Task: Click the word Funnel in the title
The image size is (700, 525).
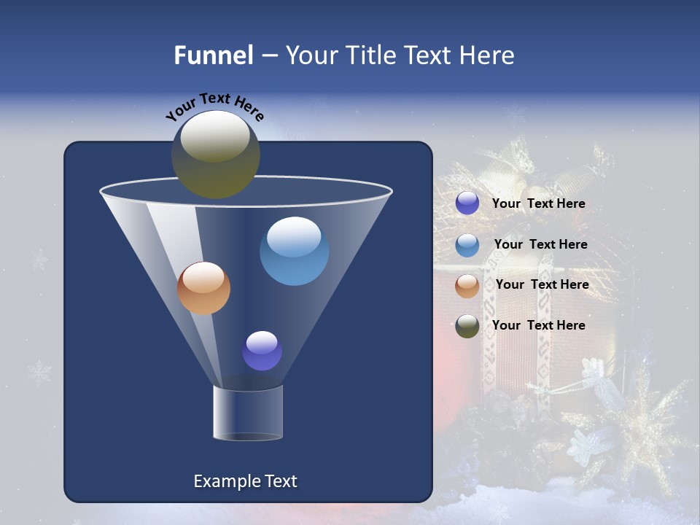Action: (x=214, y=55)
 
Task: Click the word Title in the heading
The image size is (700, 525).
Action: (x=371, y=55)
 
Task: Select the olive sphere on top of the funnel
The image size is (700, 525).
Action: (x=216, y=154)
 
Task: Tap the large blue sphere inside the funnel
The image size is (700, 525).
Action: (x=295, y=251)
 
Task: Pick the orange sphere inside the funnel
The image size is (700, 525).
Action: (x=203, y=288)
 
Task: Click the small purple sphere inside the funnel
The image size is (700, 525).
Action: (x=262, y=351)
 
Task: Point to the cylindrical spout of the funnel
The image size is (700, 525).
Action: (x=248, y=413)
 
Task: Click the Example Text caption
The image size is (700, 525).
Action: (x=245, y=481)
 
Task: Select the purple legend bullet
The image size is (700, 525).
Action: (x=467, y=203)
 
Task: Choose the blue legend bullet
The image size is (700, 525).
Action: (x=467, y=245)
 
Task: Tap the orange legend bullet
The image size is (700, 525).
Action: (x=467, y=286)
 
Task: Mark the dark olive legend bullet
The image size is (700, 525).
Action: (x=467, y=326)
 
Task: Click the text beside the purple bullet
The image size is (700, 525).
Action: (x=538, y=203)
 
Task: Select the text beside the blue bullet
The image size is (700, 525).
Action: (x=540, y=244)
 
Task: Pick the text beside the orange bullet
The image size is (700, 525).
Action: (x=542, y=284)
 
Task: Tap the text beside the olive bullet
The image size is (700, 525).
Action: (x=538, y=325)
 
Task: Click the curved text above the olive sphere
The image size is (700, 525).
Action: (x=214, y=105)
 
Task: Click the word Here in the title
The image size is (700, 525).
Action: (x=486, y=55)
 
